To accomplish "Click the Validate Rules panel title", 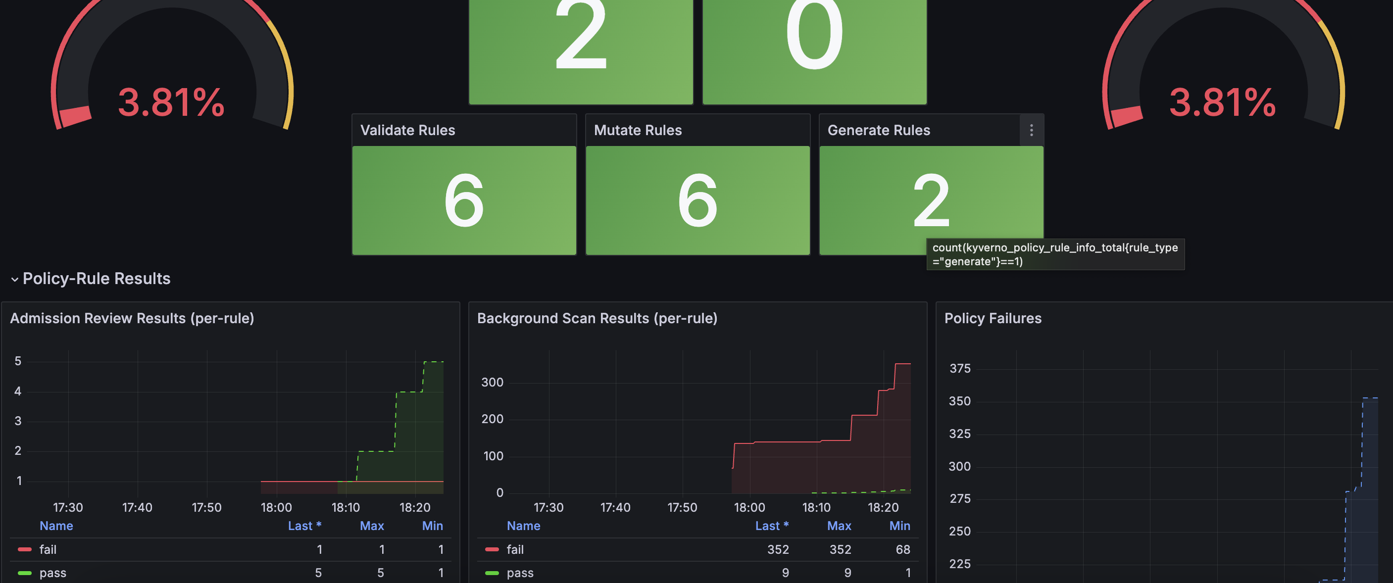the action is point(408,130).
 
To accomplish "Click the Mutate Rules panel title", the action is point(638,130).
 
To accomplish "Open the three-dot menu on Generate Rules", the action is point(1031,130).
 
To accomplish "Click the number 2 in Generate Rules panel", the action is point(931,200).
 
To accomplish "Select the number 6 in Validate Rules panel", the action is point(464,200).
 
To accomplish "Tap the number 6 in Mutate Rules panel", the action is point(697,200).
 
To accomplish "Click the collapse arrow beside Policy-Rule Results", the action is point(14,280).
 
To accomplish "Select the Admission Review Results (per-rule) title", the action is point(132,319).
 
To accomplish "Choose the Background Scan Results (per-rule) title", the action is point(597,319).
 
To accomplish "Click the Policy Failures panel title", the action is point(993,319).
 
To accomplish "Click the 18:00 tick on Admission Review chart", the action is point(276,507).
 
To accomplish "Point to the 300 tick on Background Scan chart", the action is point(492,383).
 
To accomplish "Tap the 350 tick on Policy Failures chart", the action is point(959,401).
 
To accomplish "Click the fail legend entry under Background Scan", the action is point(515,549).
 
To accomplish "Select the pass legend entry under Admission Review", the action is point(52,573).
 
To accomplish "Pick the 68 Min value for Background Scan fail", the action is point(902,549).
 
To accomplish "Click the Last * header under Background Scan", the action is point(772,526).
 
